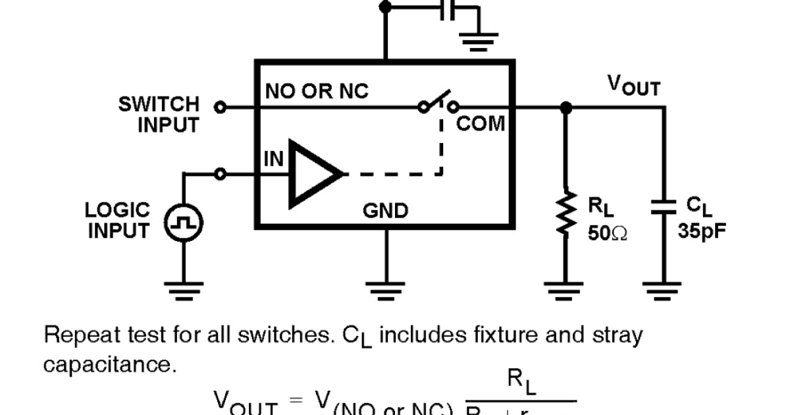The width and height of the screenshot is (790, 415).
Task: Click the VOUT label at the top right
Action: tap(633, 85)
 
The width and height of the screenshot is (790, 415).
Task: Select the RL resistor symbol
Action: tap(564, 212)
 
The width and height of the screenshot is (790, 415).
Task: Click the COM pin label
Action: tap(481, 123)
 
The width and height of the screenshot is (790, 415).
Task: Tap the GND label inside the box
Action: tap(385, 211)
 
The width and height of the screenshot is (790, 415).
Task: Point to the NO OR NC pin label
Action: tap(317, 92)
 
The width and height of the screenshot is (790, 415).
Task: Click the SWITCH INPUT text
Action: tap(160, 114)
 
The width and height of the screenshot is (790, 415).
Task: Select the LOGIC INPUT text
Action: tap(118, 220)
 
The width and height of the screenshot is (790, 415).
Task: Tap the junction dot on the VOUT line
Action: tap(564, 106)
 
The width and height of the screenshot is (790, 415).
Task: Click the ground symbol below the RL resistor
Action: tap(564, 289)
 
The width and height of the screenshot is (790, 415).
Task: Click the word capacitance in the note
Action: tap(110, 364)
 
